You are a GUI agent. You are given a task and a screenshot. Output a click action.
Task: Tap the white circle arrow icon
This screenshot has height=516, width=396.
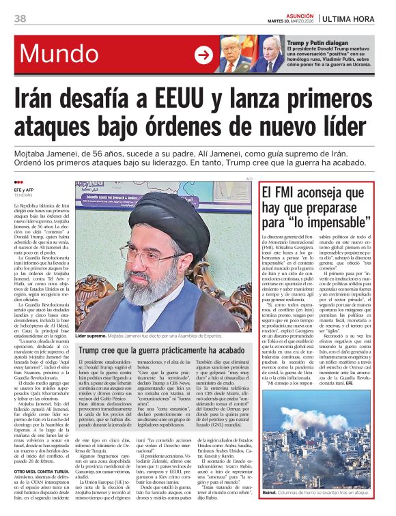pos(203,55)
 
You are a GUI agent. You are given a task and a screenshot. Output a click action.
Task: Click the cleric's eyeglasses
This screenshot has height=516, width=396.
pos(157,254)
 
